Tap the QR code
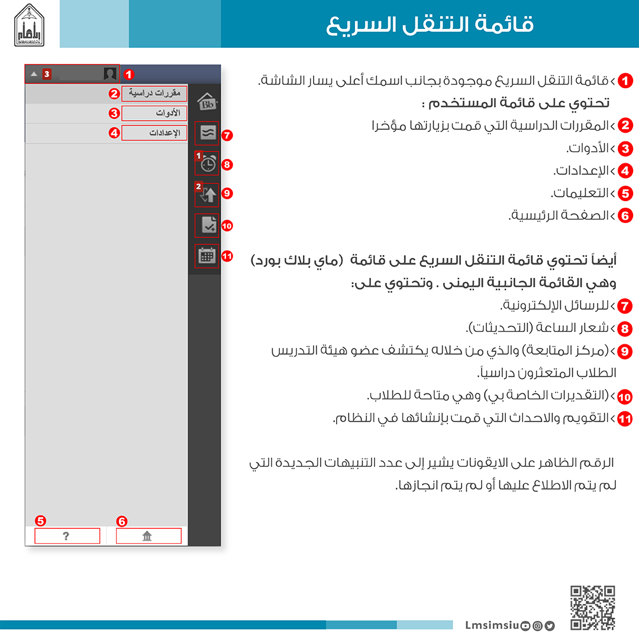coord(593,608)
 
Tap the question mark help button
coord(67,536)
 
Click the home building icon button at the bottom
coord(148,536)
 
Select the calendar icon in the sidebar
coord(206,256)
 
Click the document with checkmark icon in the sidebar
coord(207,225)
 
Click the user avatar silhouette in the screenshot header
coord(110,74)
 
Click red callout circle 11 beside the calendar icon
coord(227,256)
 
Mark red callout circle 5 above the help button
coord(40,521)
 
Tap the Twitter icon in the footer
coord(550,625)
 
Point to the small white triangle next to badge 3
coord(34,74)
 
